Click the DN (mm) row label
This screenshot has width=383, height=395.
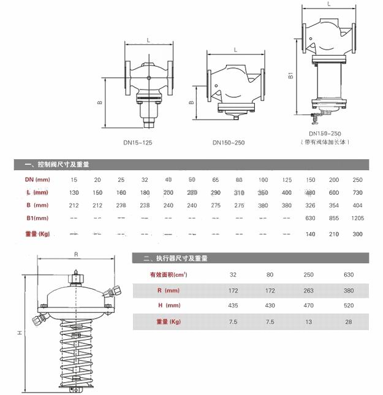point(37,179)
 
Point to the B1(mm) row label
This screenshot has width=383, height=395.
point(37,218)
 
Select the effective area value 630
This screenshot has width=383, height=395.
point(349,274)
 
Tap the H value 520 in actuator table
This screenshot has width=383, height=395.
point(349,305)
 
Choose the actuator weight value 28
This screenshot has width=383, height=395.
point(349,321)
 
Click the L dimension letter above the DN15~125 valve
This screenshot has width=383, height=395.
point(149,41)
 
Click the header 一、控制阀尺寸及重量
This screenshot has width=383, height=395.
point(57,165)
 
